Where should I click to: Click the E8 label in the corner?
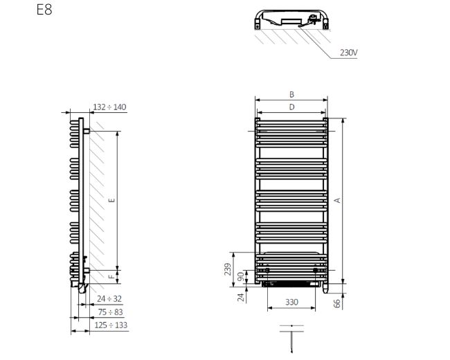44,10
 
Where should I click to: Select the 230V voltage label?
349,53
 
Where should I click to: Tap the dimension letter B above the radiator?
291,94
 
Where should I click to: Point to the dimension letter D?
291,107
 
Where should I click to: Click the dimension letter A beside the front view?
338,200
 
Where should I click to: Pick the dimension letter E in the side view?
112,200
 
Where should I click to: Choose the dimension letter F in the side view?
111,277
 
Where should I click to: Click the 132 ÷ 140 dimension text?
109,107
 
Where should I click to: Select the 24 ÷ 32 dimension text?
109,299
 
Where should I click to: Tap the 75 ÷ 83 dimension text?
110,312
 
